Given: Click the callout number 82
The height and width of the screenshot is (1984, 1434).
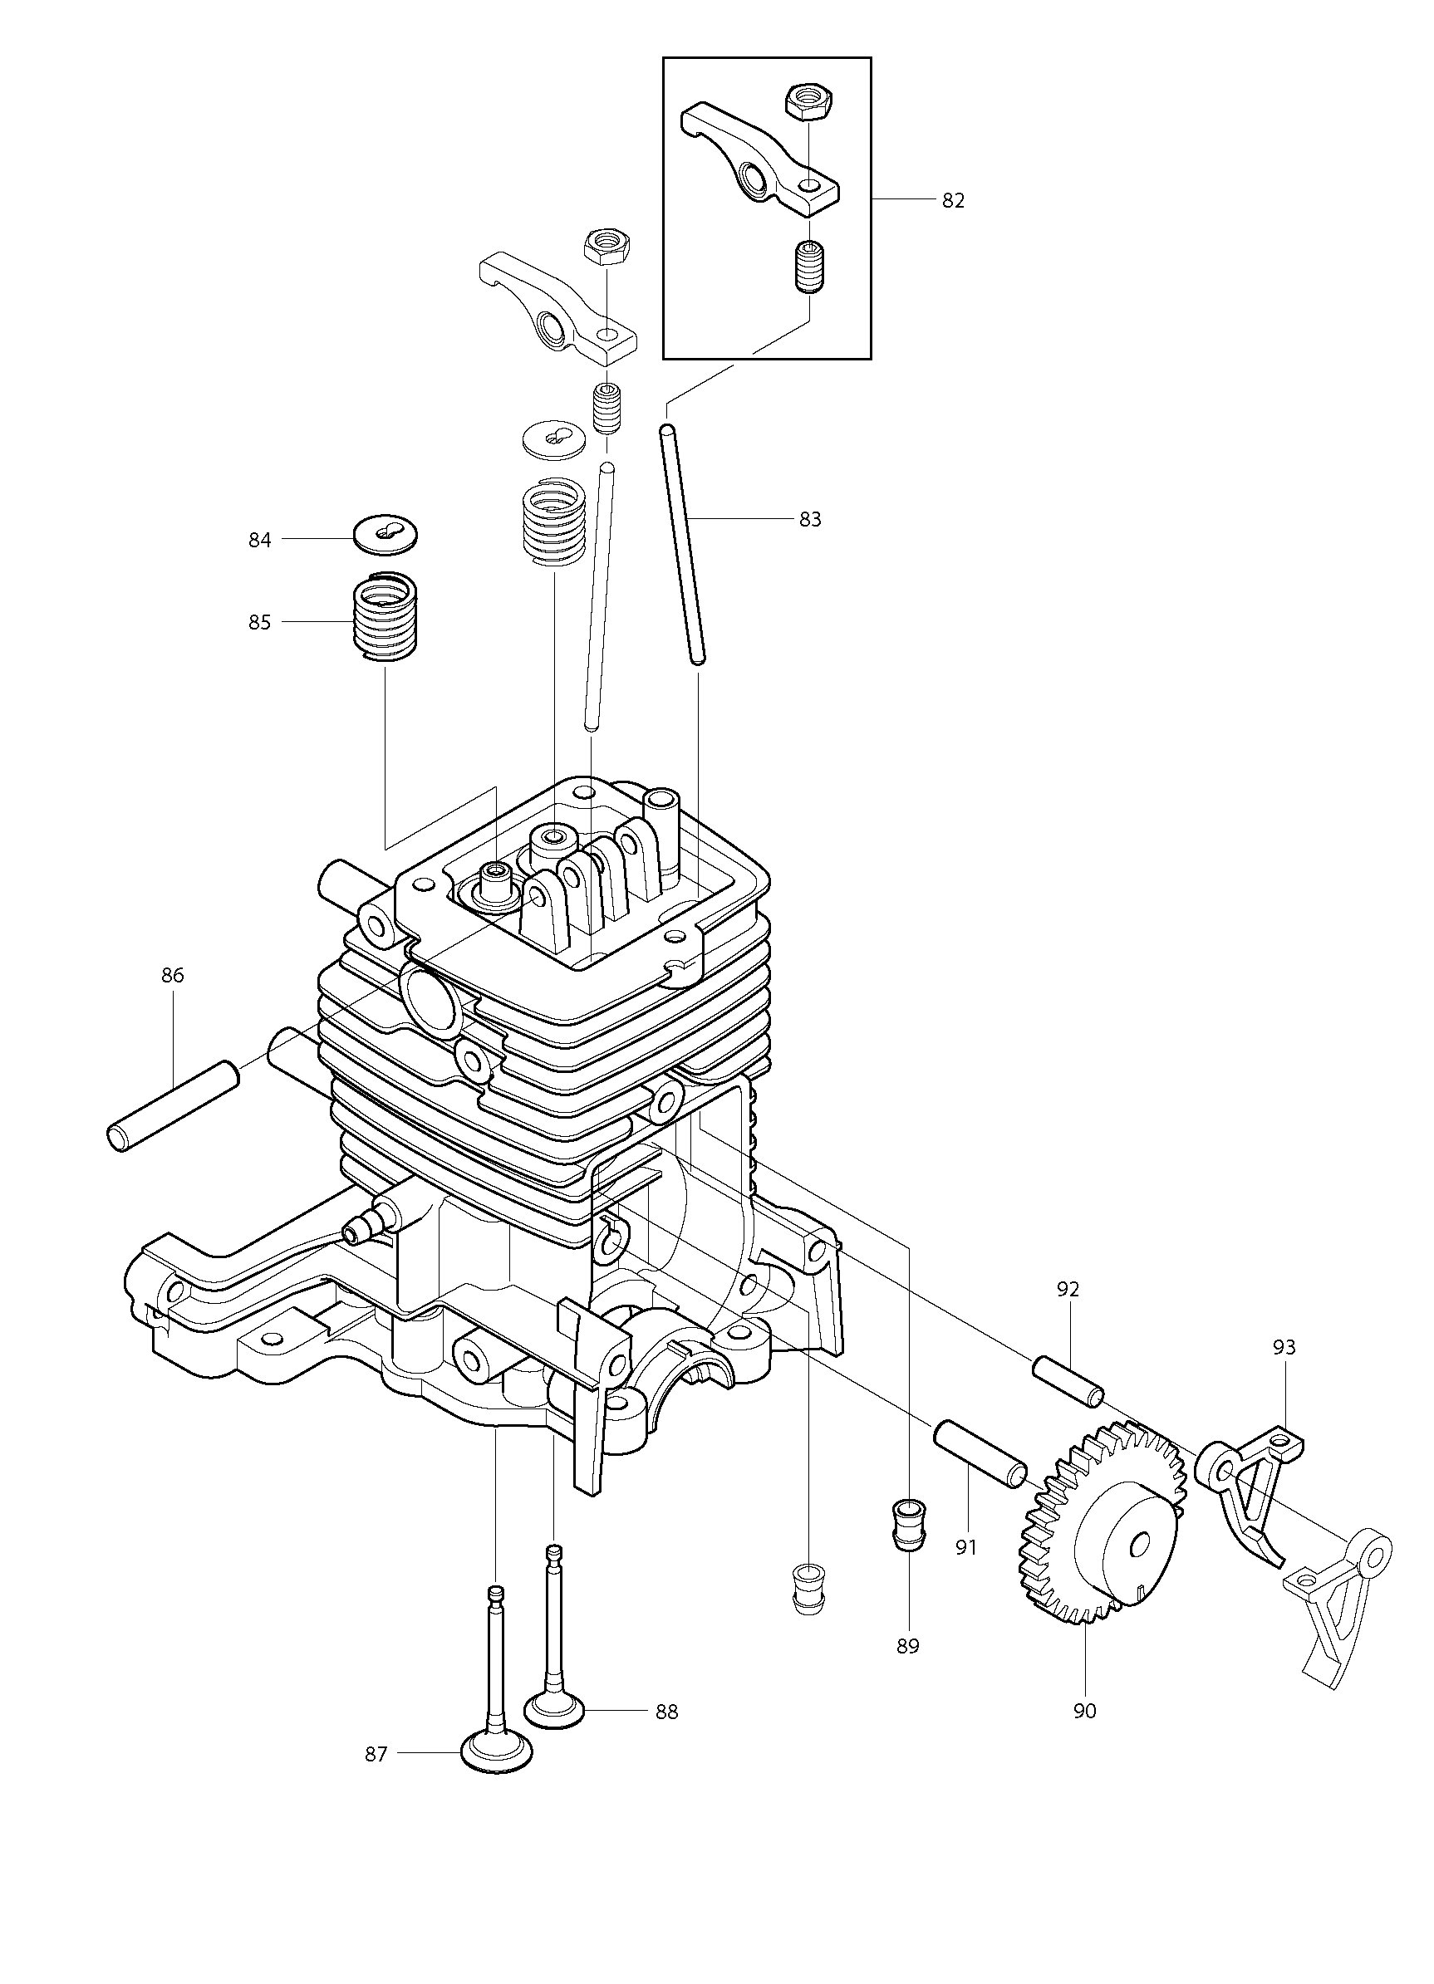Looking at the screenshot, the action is click(953, 200).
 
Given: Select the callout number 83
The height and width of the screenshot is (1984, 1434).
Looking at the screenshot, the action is click(810, 520).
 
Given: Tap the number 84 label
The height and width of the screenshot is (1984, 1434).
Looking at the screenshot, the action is click(260, 541).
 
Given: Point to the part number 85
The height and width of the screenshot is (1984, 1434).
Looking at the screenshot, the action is click(260, 623).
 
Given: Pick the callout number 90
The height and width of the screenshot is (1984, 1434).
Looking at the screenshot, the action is click(1084, 1711).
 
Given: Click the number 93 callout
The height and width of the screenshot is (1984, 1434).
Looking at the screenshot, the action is click(1284, 1347).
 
